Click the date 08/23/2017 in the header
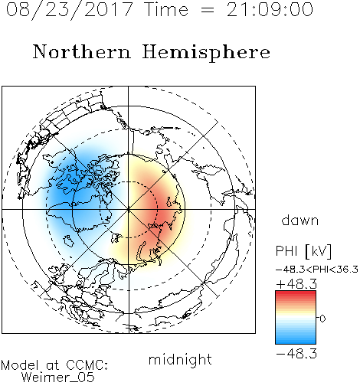69,10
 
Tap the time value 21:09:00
270,9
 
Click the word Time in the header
166,9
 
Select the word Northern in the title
82,52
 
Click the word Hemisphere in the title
206,53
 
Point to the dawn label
300,220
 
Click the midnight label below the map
180,359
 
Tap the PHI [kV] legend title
303,251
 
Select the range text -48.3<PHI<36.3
317,270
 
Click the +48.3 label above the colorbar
296,284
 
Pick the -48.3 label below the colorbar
296,354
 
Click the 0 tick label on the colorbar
322,319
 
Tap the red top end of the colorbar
296,293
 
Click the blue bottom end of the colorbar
296,342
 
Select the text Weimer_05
57,378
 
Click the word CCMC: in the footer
87,365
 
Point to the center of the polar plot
129,209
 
